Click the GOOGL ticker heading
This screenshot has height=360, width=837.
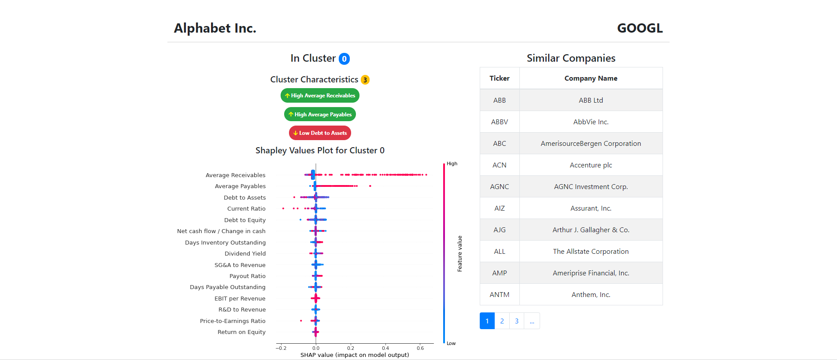pyautogui.click(x=640, y=28)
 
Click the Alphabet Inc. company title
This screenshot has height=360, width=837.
pyautogui.click(x=215, y=28)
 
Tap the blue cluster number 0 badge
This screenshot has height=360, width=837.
pyautogui.click(x=344, y=59)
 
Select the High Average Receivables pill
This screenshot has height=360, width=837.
pyautogui.click(x=320, y=96)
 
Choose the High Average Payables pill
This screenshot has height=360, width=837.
pyautogui.click(x=320, y=115)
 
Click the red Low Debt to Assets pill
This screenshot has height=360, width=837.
pyautogui.click(x=320, y=133)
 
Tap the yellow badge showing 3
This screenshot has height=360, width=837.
pyautogui.click(x=365, y=80)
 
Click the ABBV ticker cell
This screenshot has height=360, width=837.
pyautogui.click(x=500, y=122)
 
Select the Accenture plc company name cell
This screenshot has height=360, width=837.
pyautogui.click(x=591, y=165)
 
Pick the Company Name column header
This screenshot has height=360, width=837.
pyautogui.click(x=591, y=78)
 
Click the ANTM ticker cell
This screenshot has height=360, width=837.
pyautogui.click(x=500, y=295)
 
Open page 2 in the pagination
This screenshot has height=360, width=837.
pyautogui.click(x=502, y=321)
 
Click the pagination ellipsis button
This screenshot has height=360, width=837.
pyautogui.click(x=532, y=321)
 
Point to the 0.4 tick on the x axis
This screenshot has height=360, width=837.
pyautogui.click(x=385, y=348)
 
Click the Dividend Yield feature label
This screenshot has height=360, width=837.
pyautogui.click(x=245, y=254)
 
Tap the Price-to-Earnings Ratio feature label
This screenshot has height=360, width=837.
pyautogui.click(x=233, y=321)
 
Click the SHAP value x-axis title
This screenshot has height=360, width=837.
pyautogui.click(x=355, y=355)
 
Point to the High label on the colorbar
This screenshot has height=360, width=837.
pyautogui.click(x=452, y=163)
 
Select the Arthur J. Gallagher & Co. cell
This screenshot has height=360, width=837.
pyautogui.click(x=591, y=230)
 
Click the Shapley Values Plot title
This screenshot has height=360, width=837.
pyautogui.click(x=320, y=151)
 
